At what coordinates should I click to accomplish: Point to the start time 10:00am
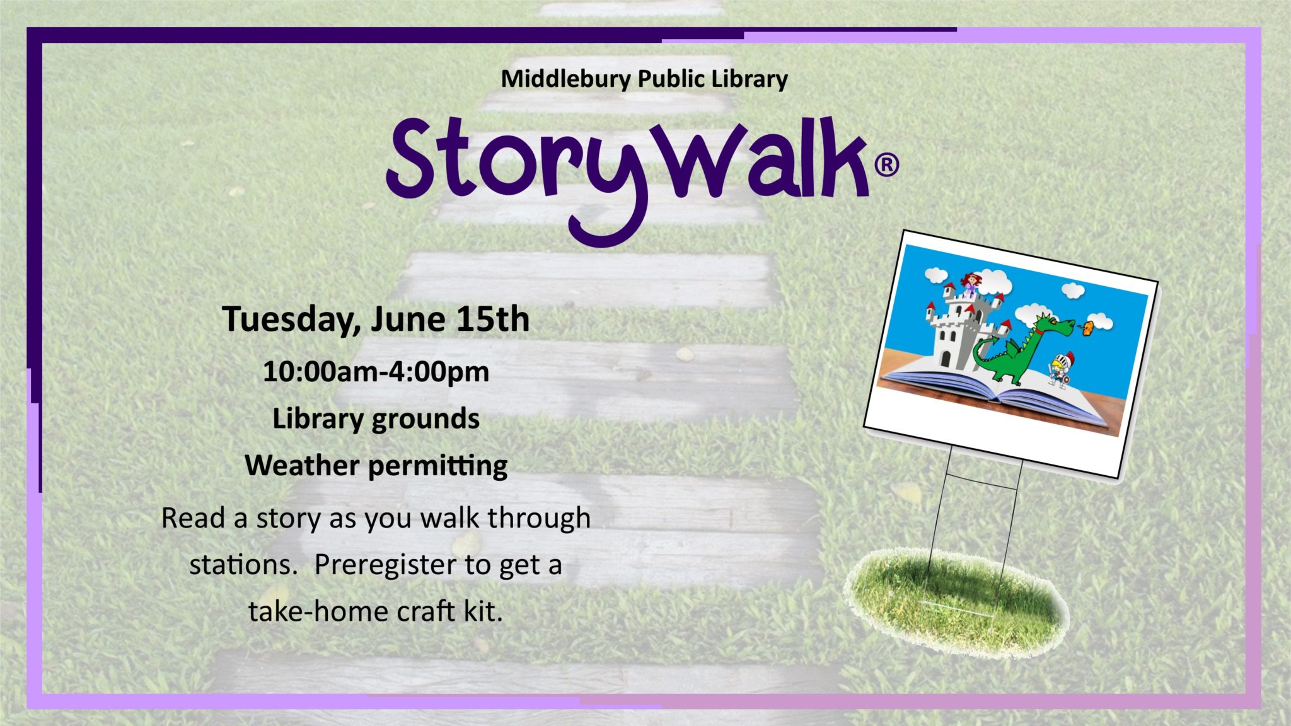pos(320,371)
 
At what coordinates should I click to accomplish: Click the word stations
pos(243,564)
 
